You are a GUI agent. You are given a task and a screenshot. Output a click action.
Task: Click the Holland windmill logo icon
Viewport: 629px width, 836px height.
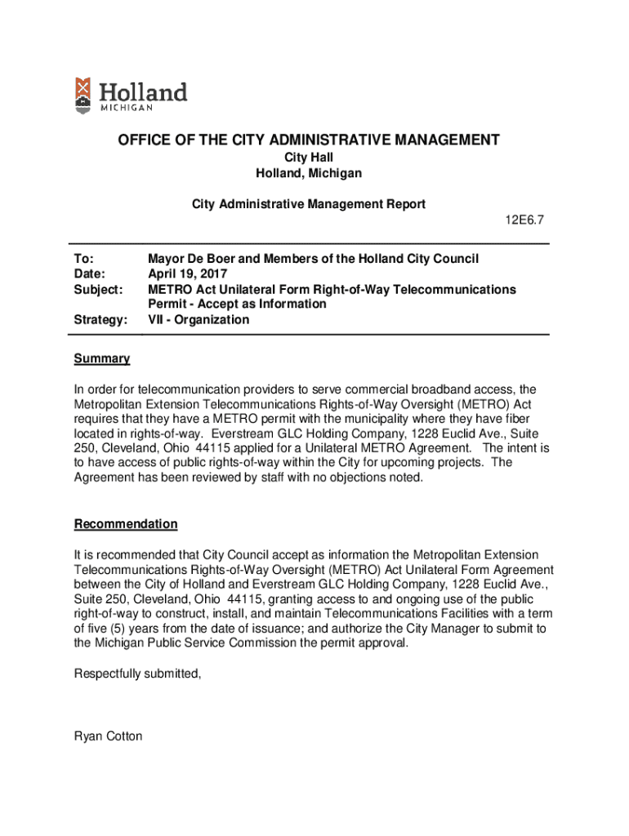[x=82, y=95]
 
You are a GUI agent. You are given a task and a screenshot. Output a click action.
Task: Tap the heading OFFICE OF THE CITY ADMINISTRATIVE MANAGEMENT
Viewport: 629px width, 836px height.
[x=309, y=140]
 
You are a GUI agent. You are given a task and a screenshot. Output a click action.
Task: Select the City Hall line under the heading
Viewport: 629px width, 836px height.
[x=309, y=158]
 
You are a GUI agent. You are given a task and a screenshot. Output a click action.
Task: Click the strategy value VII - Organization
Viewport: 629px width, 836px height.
[x=199, y=320]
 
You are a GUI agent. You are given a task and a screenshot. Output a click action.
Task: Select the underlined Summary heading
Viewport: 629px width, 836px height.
[x=102, y=359]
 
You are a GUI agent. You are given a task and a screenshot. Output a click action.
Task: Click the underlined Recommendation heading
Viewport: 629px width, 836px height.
[x=126, y=524]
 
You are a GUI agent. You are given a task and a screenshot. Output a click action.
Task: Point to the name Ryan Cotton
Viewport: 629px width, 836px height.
[x=108, y=736]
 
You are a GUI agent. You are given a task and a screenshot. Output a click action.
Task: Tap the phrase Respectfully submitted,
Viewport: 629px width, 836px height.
[x=137, y=674]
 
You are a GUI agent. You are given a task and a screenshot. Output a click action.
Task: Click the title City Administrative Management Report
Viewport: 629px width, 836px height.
[x=309, y=204]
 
